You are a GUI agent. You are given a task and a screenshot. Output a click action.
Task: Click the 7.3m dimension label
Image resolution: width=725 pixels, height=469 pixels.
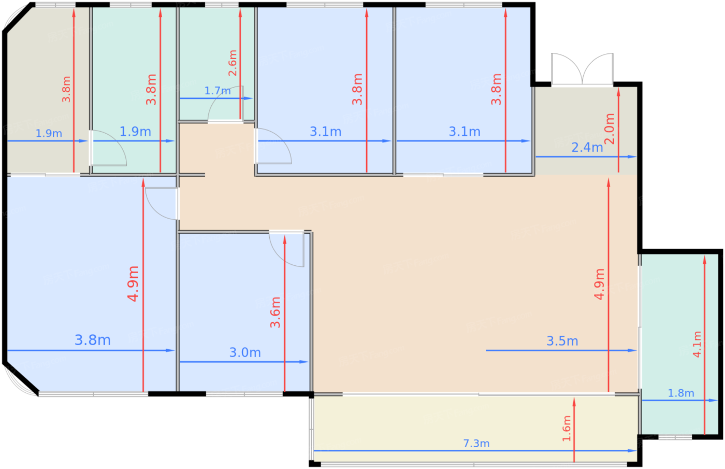[476, 443]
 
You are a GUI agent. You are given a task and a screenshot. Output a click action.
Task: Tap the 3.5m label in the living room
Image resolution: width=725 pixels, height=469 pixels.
[562, 341]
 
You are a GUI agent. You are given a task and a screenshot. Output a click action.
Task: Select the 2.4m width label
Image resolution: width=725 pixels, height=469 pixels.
[587, 147]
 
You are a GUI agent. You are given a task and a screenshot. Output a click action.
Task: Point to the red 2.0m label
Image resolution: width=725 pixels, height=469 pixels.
[610, 129]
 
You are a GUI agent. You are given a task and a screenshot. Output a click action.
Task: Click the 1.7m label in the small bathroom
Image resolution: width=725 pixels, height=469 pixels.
[218, 91]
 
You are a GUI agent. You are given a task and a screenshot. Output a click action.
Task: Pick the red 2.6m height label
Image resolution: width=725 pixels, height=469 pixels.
[233, 63]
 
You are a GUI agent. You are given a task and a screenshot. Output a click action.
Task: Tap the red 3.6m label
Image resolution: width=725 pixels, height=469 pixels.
[275, 312]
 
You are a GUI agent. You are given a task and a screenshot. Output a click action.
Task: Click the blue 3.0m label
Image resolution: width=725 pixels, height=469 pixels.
[245, 352]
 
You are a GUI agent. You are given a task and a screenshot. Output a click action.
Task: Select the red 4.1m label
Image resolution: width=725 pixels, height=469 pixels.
[697, 344]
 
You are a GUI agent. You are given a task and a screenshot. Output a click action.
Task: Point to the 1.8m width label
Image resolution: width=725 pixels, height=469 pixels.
[681, 393]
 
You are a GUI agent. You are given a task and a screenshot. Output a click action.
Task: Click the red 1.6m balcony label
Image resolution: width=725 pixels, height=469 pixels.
[567, 428]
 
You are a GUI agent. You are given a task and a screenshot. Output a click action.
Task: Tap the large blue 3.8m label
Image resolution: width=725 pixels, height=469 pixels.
[93, 340]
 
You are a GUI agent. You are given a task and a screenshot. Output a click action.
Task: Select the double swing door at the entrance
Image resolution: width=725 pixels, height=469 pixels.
[582, 69]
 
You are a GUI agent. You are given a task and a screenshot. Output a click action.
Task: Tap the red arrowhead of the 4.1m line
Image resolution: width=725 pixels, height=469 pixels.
[705, 260]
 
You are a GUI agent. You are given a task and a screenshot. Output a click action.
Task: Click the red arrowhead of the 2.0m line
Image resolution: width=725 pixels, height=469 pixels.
[618, 92]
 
